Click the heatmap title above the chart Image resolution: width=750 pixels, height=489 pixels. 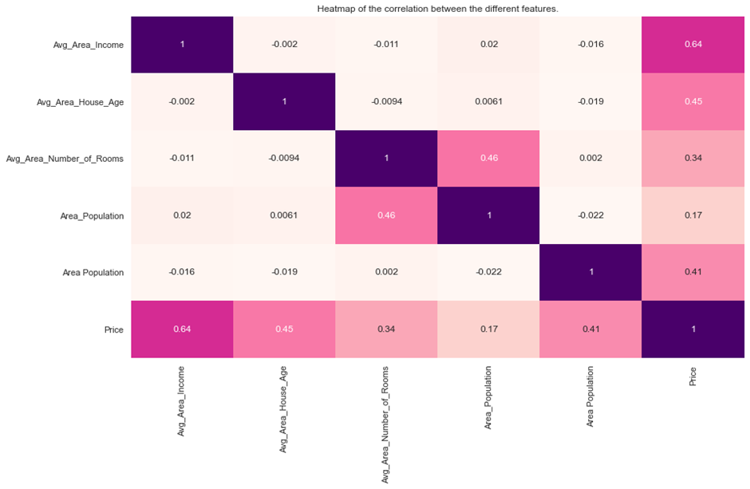(x=438, y=9)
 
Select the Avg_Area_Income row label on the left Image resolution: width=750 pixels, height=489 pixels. (x=89, y=45)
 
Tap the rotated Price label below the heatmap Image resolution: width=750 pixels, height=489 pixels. (x=693, y=377)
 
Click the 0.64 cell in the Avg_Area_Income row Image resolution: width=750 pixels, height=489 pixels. (x=693, y=45)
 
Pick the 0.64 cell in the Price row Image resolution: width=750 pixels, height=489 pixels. (x=182, y=329)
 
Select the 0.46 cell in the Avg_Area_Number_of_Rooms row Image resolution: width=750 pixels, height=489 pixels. (x=488, y=158)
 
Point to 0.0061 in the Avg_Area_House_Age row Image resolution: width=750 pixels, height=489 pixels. (x=488, y=101)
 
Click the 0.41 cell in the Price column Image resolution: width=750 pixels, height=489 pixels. (x=693, y=272)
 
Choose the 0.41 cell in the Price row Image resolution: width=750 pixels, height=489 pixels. (x=590, y=329)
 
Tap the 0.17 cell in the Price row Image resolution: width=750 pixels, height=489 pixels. (x=488, y=329)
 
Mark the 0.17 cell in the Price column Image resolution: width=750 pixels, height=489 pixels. (x=693, y=215)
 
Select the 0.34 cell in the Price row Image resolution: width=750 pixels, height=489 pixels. (x=386, y=329)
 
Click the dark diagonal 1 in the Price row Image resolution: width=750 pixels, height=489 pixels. (x=693, y=329)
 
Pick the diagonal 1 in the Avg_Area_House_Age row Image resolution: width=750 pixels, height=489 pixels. (x=284, y=101)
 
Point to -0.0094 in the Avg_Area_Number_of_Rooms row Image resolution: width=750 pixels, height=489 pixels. (x=284, y=158)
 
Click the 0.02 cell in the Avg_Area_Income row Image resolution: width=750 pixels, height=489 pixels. (x=488, y=45)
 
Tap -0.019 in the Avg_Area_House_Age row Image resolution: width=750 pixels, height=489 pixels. (x=590, y=101)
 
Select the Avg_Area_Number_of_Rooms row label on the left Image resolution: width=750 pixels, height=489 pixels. (x=65, y=159)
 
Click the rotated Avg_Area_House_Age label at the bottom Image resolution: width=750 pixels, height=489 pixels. (x=283, y=410)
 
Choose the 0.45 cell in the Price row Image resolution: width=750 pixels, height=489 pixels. (x=284, y=329)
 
